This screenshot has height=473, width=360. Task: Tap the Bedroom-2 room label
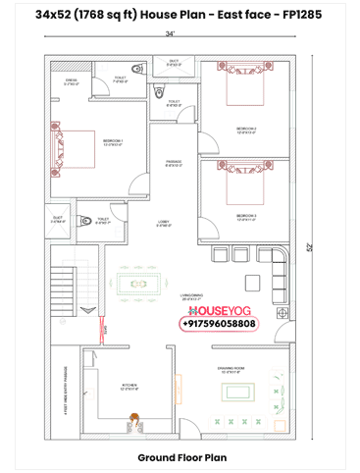click(x=246, y=130)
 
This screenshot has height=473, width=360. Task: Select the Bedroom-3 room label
click(x=246, y=215)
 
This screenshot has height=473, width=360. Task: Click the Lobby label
click(x=164, y=224)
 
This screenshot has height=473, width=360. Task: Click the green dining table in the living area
click(x=147, y=280)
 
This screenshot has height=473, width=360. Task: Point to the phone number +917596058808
click(x=219, y=323)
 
